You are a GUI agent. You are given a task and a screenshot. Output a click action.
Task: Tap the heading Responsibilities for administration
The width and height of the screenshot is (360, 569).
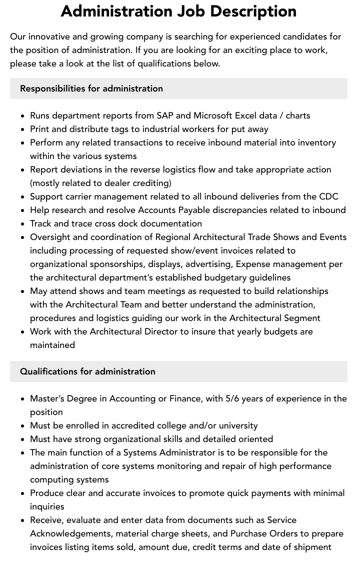coord(91,88)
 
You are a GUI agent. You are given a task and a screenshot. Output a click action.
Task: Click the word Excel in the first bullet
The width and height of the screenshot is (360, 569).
coord(247,115)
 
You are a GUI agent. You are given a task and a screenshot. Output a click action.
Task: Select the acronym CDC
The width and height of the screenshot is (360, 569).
coord(328,196)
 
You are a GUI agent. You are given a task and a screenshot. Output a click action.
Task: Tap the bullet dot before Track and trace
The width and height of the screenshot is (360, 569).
coord(23,224)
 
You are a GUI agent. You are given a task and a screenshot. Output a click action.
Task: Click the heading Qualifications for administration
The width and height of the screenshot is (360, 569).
coord(87,371)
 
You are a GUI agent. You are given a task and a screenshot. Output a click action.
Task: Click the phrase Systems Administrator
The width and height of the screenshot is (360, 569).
coord(164,452)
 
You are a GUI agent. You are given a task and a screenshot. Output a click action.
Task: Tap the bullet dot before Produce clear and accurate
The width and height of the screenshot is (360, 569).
coord(23,493)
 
